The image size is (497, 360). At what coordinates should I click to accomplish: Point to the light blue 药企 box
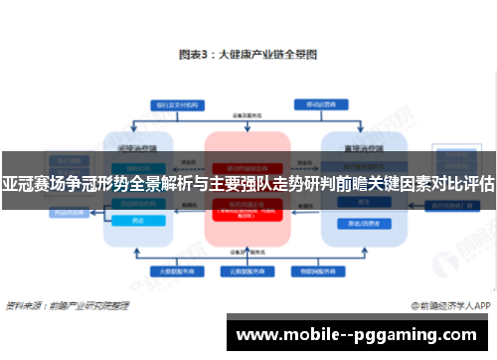point(138,223)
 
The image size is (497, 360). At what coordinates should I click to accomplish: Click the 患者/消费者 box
point(354,223)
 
